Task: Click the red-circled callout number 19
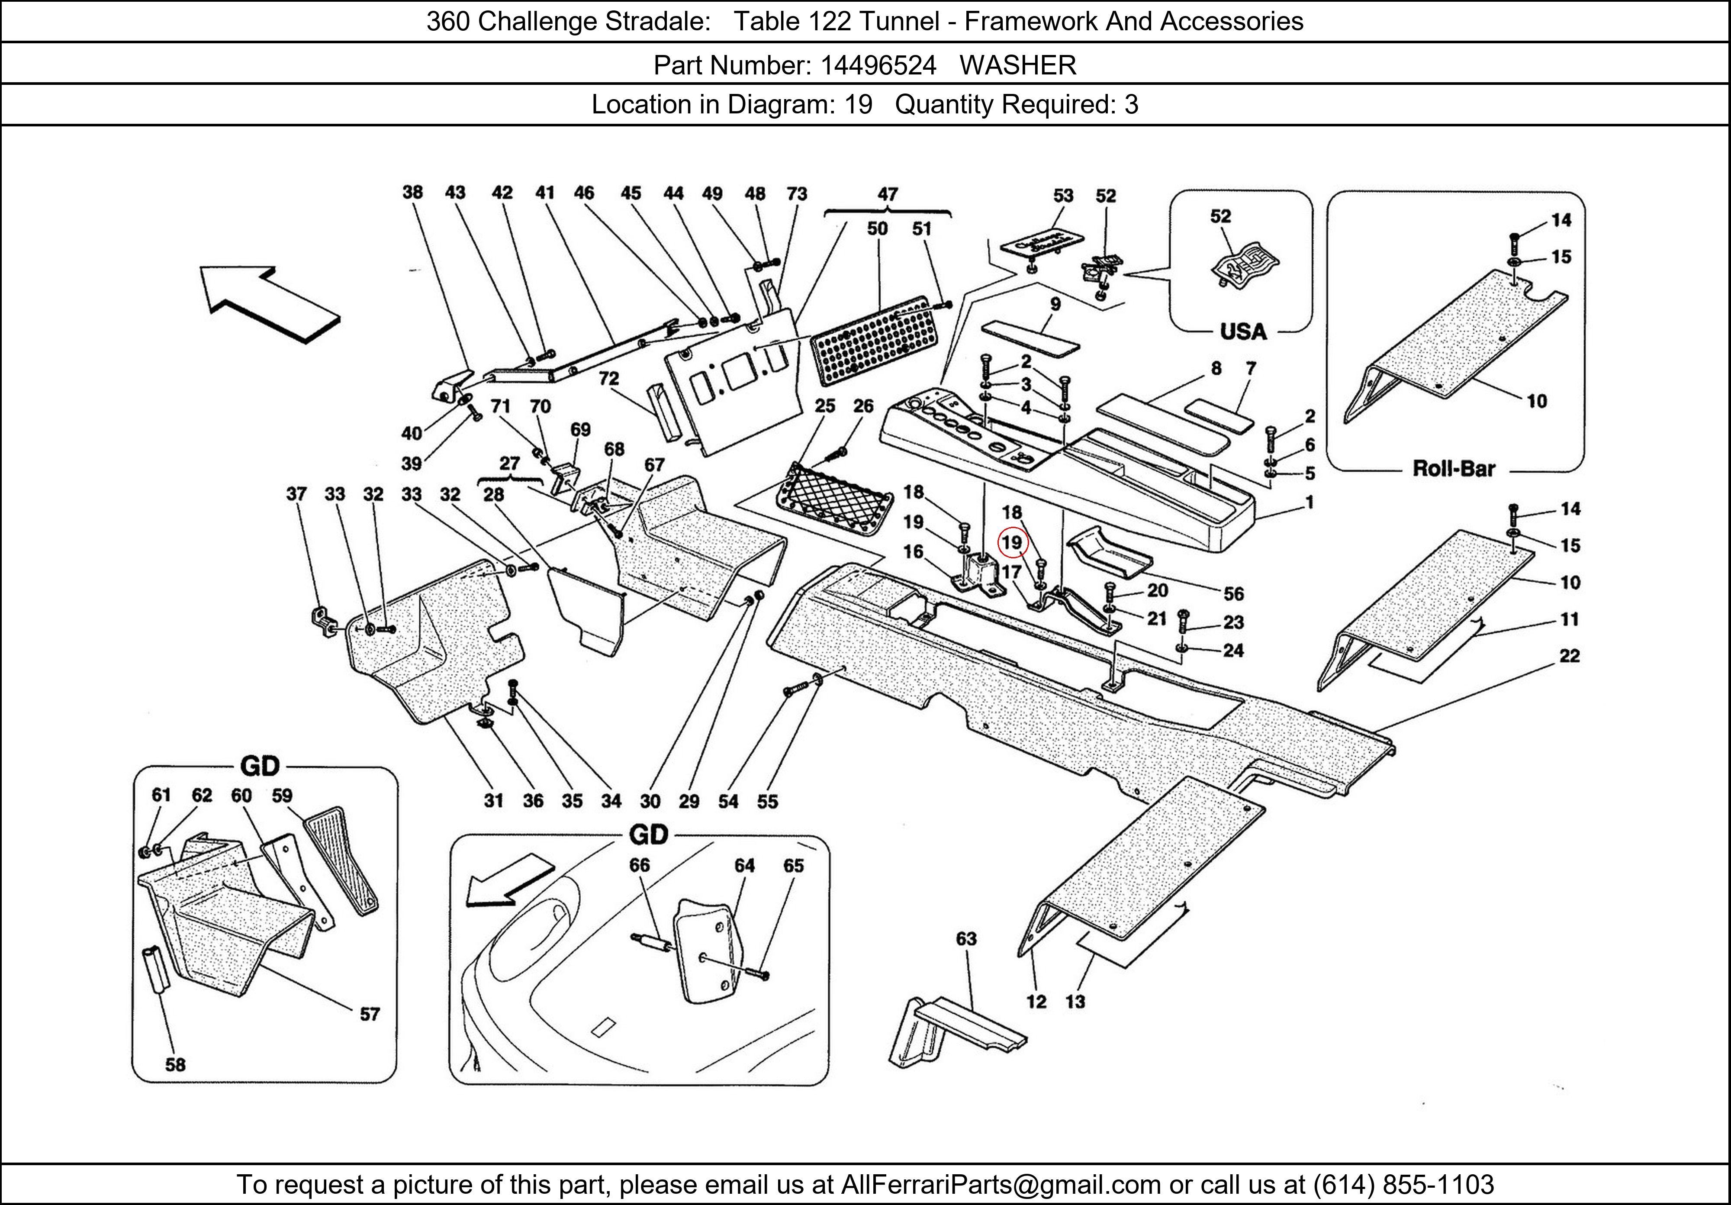[1011, 543]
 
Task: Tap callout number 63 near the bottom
[966, 939]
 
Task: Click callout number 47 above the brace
[888, 194]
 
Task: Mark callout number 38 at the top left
[412, 192]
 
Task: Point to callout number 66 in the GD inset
[639, 865]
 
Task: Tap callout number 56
[1233, 594]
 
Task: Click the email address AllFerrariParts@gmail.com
[1001, 1185]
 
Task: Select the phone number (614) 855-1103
[1403, 1185]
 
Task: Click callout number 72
[608, 379]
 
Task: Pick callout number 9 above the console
[1055, 304]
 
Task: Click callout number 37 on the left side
[296, 494]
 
